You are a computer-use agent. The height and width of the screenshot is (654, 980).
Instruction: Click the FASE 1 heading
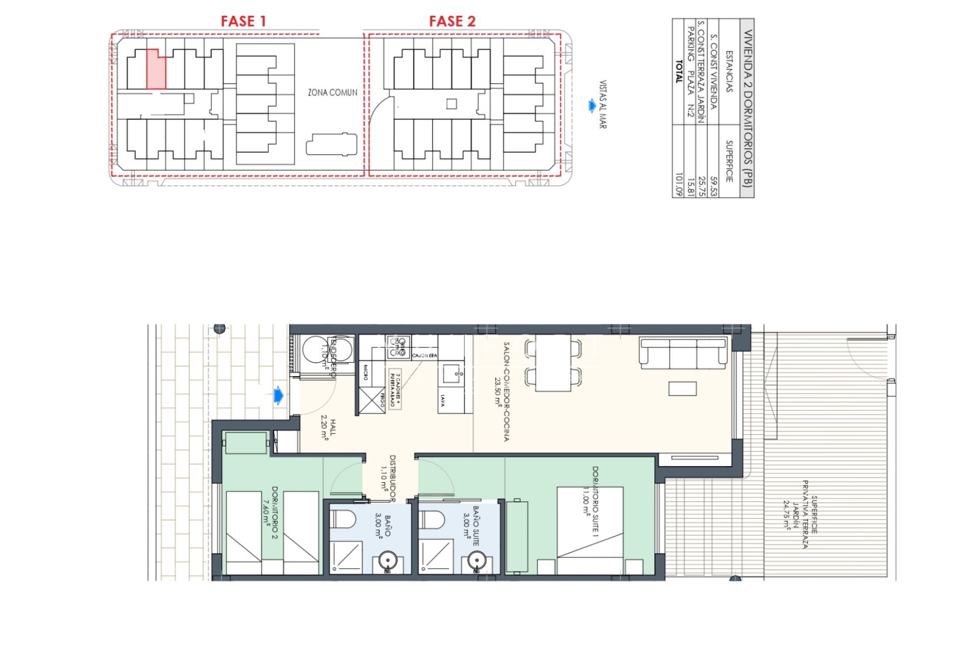(x=243, y=21)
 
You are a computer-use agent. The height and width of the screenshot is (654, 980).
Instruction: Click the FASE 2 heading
(x=452, y=21)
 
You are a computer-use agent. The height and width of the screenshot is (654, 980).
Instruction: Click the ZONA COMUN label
(x=332, y=92)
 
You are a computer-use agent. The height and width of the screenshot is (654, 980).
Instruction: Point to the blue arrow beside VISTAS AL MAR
(x=591, y=106)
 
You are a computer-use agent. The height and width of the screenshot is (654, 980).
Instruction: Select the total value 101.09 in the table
(x=678, y=184)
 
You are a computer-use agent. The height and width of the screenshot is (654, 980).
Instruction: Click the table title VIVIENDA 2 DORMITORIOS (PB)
(x=747, y=108)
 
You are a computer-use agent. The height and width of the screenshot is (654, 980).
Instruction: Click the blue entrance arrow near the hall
(x=278, y=395)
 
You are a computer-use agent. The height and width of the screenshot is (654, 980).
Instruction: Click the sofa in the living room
(x=683, y=354)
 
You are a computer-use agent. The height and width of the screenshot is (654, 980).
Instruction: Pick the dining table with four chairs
(x=553, y=363)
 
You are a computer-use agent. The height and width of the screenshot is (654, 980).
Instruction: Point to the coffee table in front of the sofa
(x=682, y=389)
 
